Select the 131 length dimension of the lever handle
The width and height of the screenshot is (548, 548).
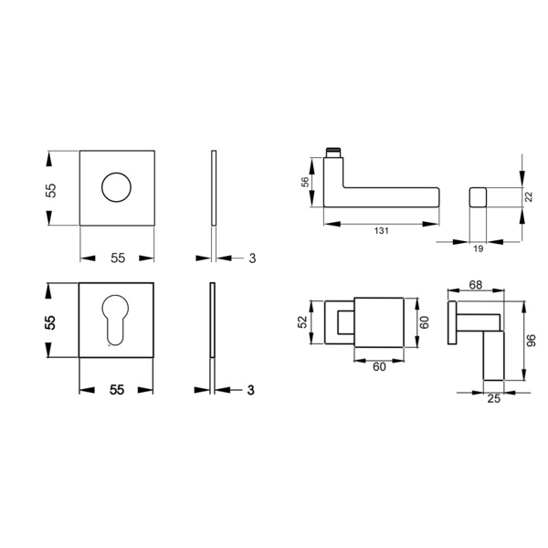381,231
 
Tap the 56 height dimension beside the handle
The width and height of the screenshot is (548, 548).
305,182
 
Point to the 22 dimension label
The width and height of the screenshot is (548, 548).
529,196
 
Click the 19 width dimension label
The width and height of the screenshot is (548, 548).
478,248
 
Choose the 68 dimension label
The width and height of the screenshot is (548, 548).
475,285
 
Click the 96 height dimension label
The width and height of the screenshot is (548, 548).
531,341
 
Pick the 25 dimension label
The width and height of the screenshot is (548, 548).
493,398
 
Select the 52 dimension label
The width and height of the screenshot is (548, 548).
302,321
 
